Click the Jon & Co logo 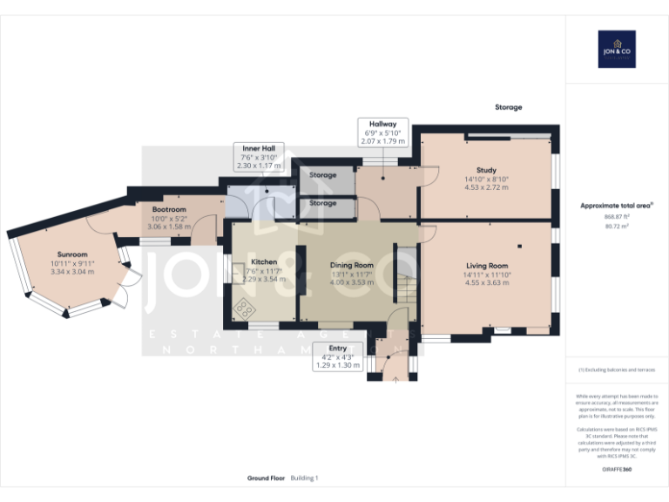pos(617,49)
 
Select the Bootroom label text pos(169,210)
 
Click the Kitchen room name pos(264,261)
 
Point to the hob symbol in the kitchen pos(245,308)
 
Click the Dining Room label pos(351,265)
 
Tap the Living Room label pos(487,265)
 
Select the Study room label pos(486,170)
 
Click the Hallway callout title pos(382,124)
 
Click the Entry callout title pos(337,348)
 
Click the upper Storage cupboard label pos(322,176)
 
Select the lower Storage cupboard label pos(322,203)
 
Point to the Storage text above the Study pos(509,107)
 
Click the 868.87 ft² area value pos(617,216)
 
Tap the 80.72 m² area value pos(617,225)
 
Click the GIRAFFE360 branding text pos(617,469)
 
